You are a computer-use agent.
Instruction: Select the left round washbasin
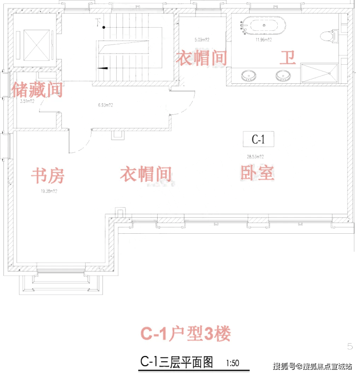click(249, 75)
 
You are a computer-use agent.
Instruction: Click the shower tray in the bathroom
click(319, 74)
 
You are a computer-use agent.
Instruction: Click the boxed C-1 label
click(258, 139)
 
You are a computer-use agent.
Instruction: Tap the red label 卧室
click(257, 173)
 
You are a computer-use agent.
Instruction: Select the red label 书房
click(48, 174)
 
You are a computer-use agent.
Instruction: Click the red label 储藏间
click(37, 90)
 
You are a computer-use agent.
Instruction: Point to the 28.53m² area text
click(255, 157)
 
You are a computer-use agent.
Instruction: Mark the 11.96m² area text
click(263, 41)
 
